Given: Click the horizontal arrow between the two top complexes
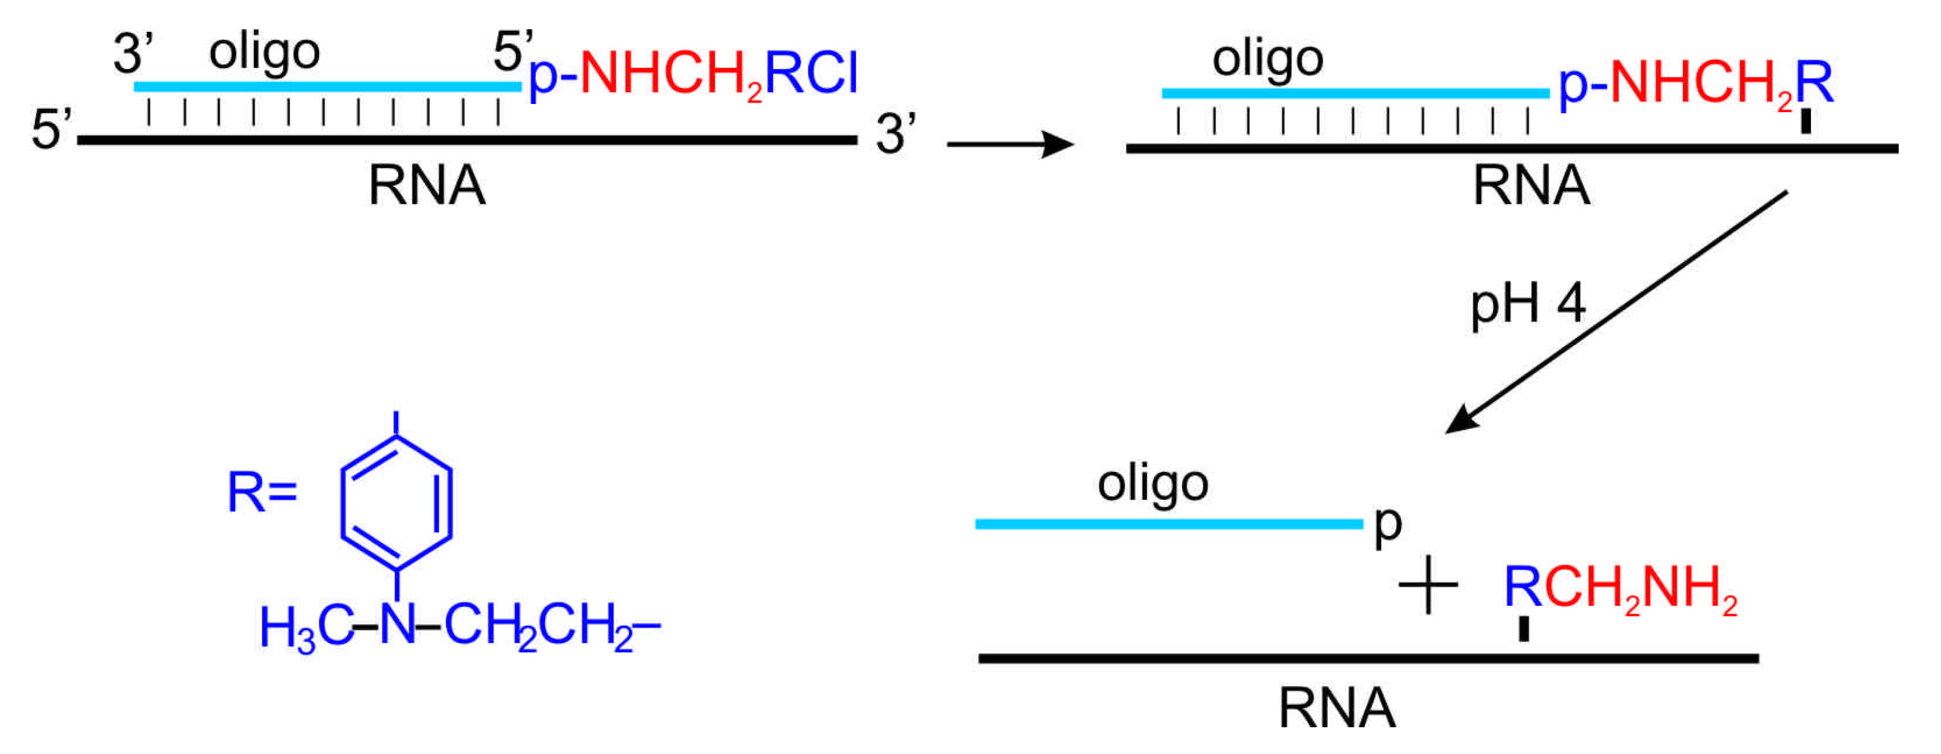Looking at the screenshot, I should point(1010,143).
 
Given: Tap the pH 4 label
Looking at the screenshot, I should point(1527,304).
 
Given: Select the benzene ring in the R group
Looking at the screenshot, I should point(396,502).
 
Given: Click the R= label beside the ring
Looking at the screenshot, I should point(262,493).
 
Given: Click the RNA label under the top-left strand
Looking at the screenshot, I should point(427,186).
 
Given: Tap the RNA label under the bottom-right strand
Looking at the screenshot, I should point(1337,708).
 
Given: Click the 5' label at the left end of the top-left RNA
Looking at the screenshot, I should point(51,130).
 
